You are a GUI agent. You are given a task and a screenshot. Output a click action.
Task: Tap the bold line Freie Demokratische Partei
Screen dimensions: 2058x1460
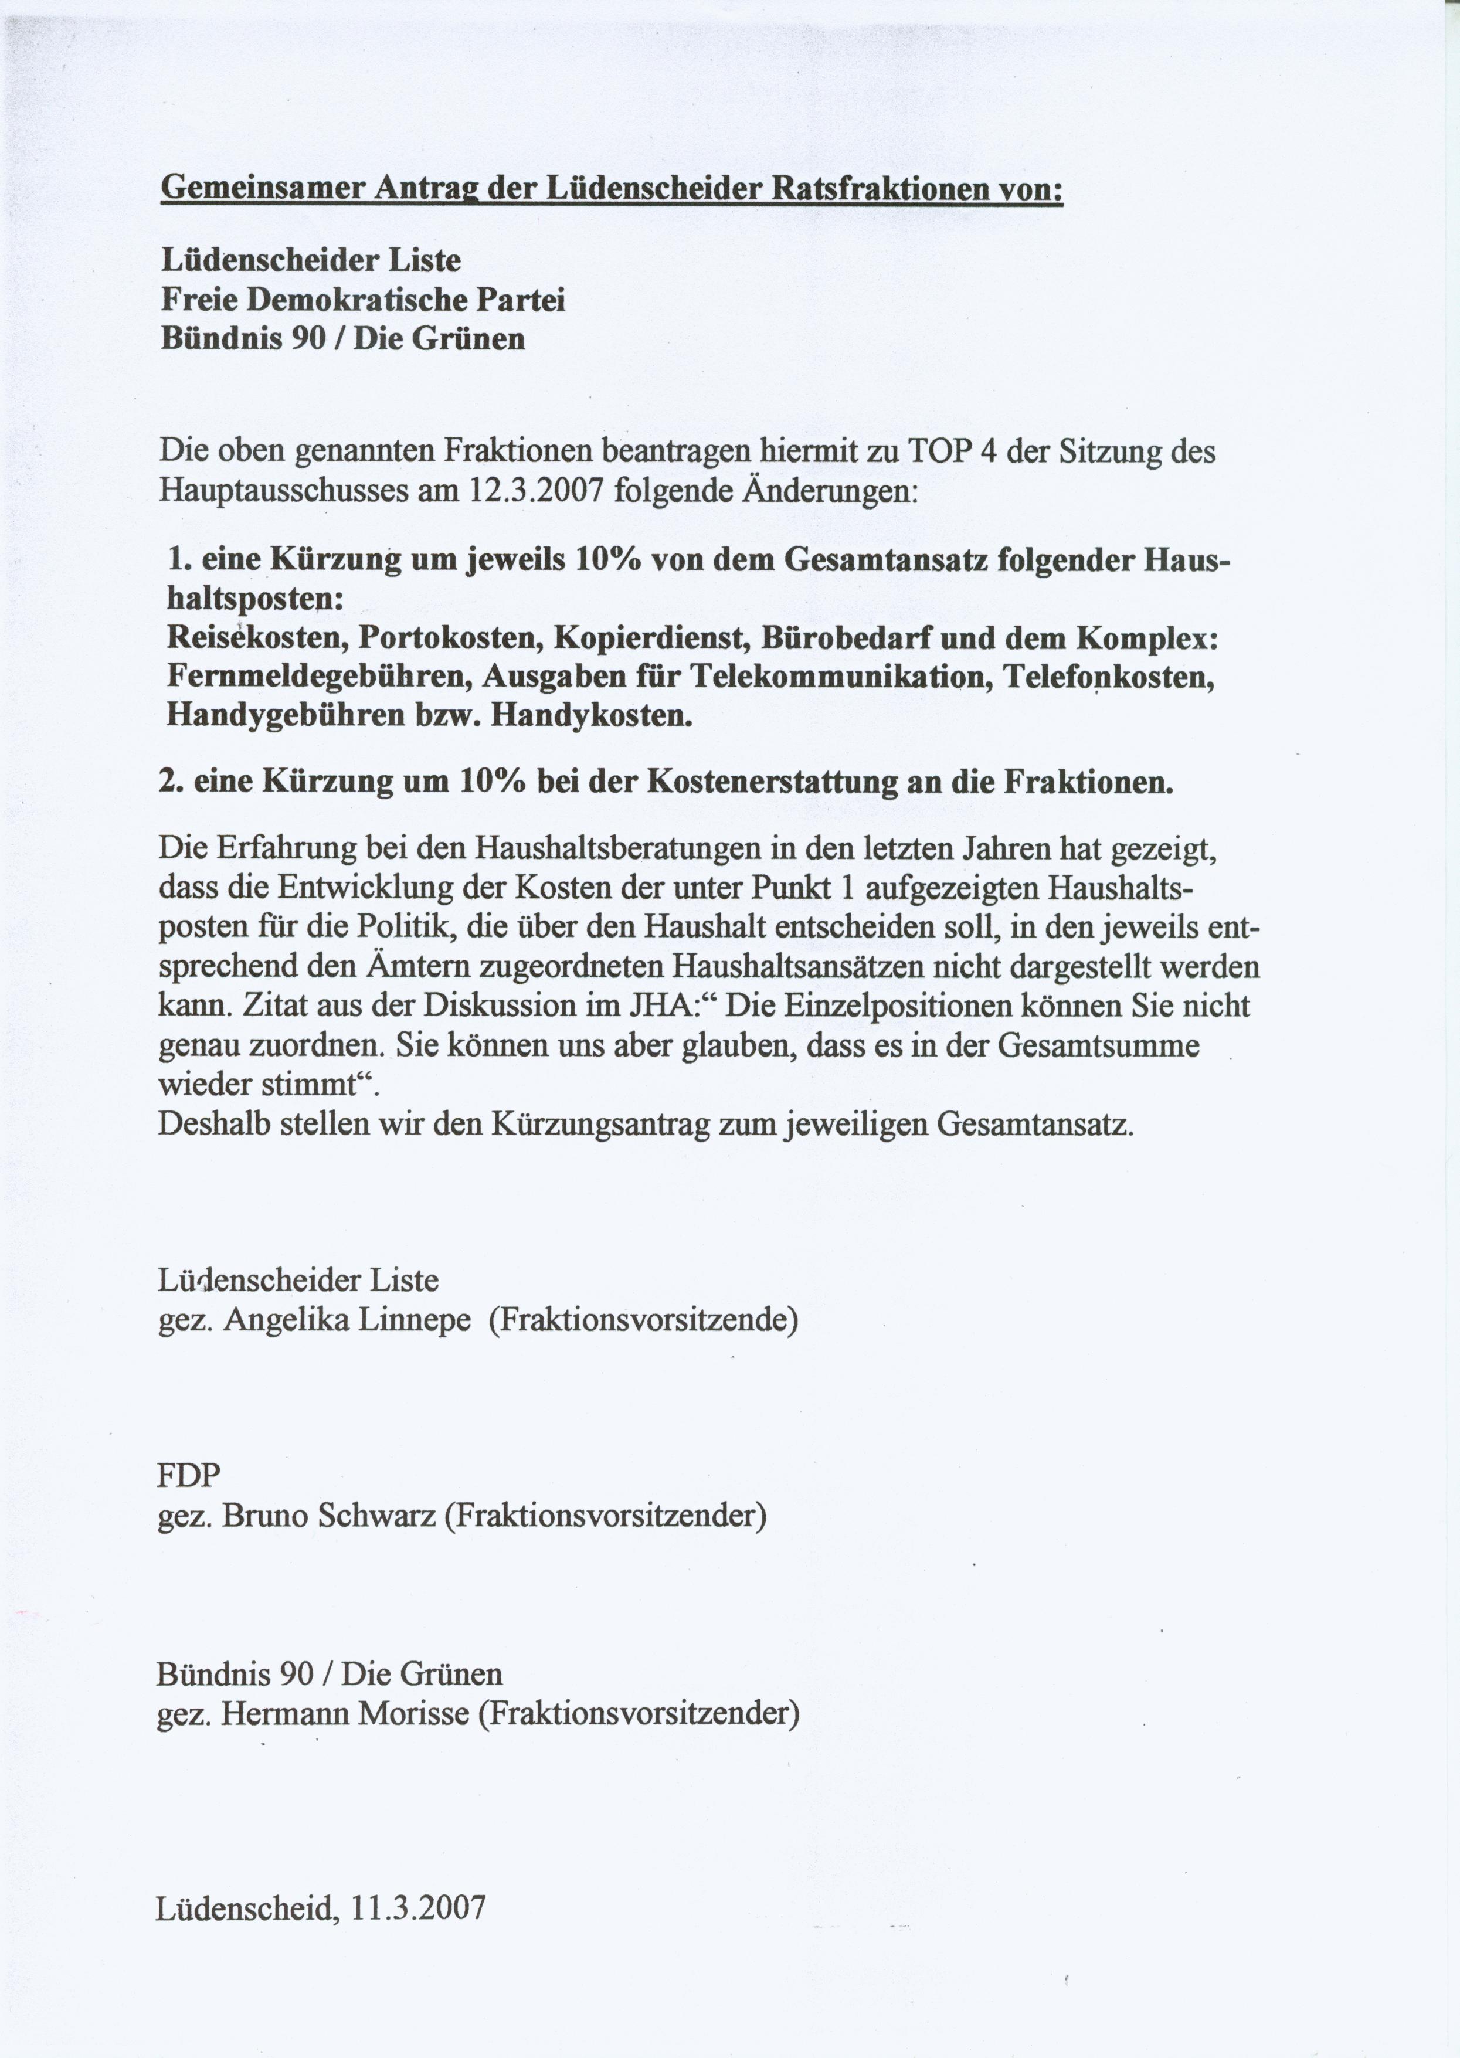(x=363, y=300)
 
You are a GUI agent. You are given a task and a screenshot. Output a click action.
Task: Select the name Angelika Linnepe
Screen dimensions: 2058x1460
(x=347, y=1320)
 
